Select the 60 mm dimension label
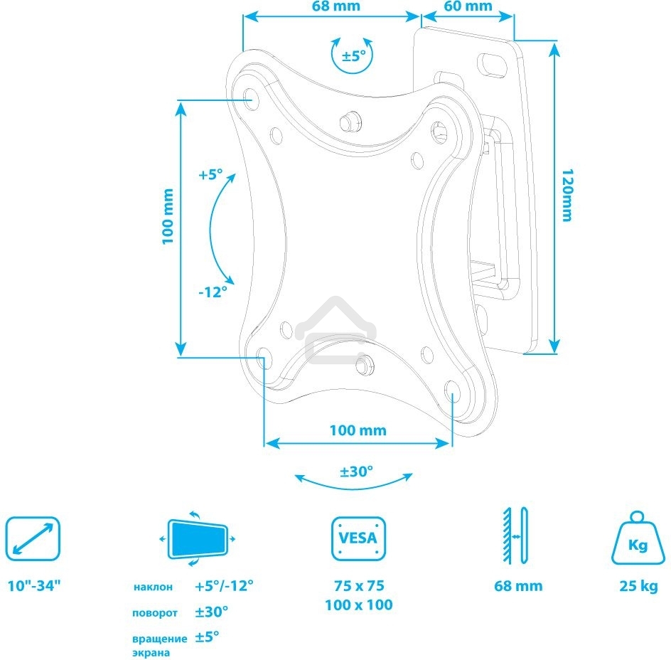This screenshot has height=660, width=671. tap(468, 6)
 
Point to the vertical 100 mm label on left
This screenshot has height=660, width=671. tap(168, 216)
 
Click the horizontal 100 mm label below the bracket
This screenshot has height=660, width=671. tap(358, 430)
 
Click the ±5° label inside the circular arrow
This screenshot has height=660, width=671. tap(354, 56)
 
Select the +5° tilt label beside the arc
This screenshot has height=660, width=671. tap(210, 174)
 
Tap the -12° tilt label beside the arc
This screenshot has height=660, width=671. tap(213, 291)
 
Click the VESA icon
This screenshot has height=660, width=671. tap(358, 539)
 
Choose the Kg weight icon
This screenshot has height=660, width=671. tap(638, 541)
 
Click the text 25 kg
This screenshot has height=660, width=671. tap(638, 587)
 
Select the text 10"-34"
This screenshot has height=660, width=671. tap(34, 587)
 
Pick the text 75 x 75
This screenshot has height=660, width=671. tap(359, 586)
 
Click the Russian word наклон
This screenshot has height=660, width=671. tap(153, 587)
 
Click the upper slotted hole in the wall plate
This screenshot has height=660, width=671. tap(489, 63)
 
